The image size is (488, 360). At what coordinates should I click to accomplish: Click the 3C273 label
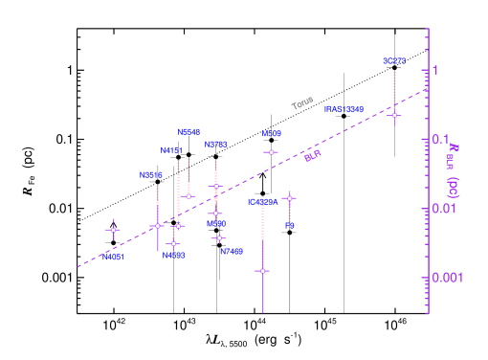[x=394, y=61]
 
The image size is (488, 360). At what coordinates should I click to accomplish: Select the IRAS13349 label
[x=344, y=109]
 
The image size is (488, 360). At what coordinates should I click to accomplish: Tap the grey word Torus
[x=302, y=102]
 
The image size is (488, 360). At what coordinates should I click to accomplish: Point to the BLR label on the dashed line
[x=312, y=155]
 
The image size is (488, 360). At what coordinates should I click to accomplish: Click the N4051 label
[x=114, y=257]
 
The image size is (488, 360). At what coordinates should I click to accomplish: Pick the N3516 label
[x=150, y=175]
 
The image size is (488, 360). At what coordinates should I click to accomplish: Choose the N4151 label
[x=170, y=150]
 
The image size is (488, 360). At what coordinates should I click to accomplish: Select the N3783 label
[x=216, y=145]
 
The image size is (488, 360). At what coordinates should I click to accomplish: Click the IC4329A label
[x=263, y=202]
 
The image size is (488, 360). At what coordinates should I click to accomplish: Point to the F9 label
[x=289, y=226]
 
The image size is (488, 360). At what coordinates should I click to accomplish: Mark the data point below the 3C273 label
[x=394, y=115]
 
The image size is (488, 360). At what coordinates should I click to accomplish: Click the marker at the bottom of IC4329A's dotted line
[x=262, y=271]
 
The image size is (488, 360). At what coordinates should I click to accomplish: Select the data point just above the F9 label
[x=289, y=198]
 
